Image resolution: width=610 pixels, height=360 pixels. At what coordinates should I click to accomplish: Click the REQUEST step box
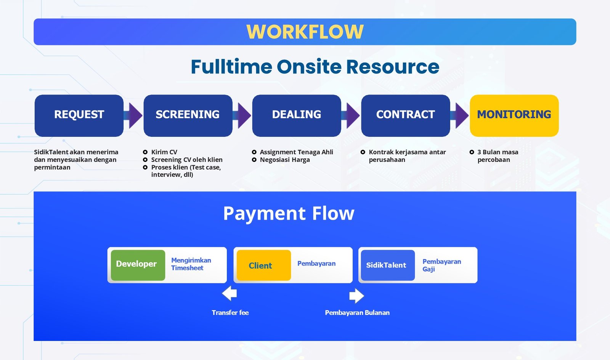pyautogui.click(x=79, y=115)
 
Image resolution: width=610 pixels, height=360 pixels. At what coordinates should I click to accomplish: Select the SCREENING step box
pyautogui.click(x=188, y=115)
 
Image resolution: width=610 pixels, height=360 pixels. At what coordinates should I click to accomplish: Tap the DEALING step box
pyautogui.click(x=296, y=115)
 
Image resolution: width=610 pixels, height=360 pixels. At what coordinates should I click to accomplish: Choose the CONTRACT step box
pyautogui.click(x=405, y=115)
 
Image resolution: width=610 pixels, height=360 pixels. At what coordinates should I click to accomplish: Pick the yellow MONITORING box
pyautogui.click(x=514, y=115)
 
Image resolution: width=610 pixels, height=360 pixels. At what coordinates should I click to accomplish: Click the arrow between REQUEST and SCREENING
pyautogui.click(x=134, y=115)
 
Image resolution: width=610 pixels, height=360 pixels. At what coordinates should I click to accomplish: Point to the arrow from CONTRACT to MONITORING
pyautogui.click(x=460, y=115)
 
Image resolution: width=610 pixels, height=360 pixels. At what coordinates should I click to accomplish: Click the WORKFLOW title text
pyautogui.click(x=305, y=32)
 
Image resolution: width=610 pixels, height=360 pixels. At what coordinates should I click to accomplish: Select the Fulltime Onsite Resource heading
pyautogui.click(x=315, y=67)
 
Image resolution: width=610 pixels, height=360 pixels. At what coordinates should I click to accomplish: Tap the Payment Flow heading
pyautogui.click(x=289, y=213)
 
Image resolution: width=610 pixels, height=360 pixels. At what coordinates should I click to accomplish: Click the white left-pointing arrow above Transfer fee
pyautogui.click(x=230, y=294)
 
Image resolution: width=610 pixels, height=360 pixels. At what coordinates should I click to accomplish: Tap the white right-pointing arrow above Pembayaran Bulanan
pyautogui.click(x=356, y=296)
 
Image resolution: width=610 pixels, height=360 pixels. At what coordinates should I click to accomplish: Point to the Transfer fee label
pyautogui.click(x=230, y=313)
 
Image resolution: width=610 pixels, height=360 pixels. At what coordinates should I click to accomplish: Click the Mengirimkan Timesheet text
pyautogui.click(x=191, y=264)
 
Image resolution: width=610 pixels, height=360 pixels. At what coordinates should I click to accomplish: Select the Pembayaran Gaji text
pyautogui.click(x=441, y=265)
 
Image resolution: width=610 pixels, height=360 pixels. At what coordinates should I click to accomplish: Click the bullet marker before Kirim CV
pyautogui.click(x=145, y=152)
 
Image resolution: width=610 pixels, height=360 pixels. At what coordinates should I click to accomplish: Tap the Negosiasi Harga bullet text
pyautogui.click(x=285, y=160)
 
